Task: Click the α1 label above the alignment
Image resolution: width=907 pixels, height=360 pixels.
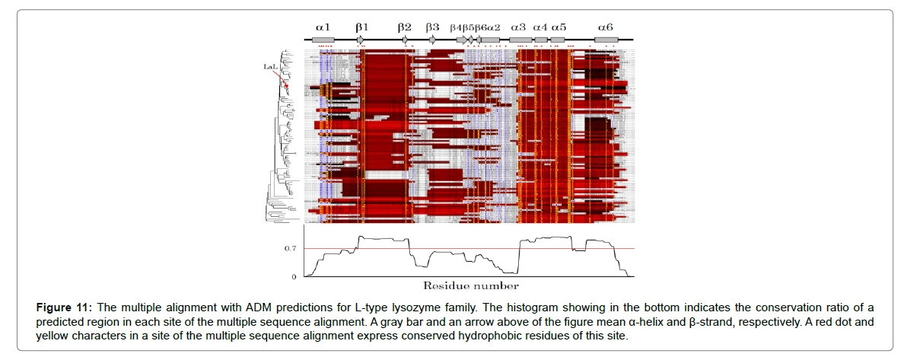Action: [323, 27]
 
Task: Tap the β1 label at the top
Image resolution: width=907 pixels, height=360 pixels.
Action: [361, 27]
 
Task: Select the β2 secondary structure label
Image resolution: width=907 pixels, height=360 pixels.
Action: [405, 27]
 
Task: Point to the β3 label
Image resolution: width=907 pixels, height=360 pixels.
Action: [432, 27]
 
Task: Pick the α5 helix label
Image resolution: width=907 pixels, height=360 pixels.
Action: [559, 27]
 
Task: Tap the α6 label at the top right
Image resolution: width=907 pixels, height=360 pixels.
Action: [606, 27]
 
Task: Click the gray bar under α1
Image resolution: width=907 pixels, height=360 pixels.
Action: [323, 40]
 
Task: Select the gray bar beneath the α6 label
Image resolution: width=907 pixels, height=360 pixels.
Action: [606, 40]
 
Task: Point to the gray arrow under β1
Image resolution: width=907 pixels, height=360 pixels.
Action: [361, 40]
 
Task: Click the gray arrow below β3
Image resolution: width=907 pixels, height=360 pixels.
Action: [432, 40]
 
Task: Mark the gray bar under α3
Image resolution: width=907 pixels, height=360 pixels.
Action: [520, 40]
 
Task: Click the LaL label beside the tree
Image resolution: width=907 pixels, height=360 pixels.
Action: [269, 67]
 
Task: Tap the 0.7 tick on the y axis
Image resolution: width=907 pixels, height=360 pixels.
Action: [290, 249]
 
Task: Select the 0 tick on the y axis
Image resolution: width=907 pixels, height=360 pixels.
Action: [294, 276]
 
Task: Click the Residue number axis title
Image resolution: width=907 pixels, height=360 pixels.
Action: [471, 286]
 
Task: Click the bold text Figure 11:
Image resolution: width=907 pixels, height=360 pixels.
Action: [64, 307]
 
